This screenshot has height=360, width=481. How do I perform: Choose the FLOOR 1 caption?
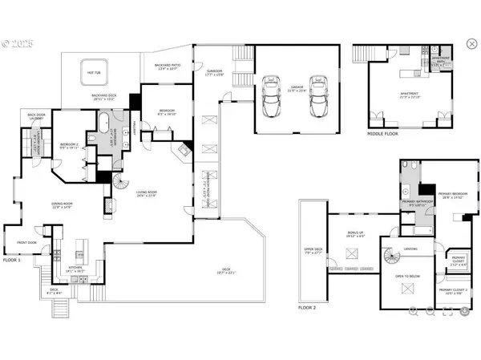[x=12, y=260]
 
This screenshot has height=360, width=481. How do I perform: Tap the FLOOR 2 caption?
[x=308, y=308]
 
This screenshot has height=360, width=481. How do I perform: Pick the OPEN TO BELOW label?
[x=407, y=276]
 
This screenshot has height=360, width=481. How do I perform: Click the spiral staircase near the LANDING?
[x=392, y=258]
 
